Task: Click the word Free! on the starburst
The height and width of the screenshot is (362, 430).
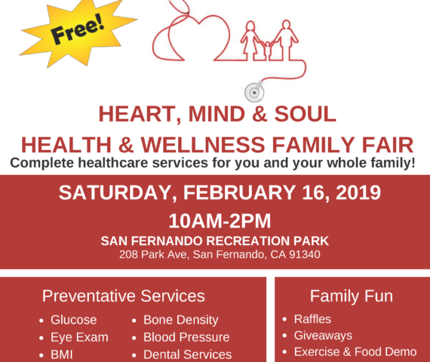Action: pos(78,29)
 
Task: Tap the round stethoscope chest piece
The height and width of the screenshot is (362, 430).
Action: pos(254,93)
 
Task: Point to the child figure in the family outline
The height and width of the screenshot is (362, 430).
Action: pos(267,51)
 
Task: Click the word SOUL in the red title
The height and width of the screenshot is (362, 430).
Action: pos(305,114)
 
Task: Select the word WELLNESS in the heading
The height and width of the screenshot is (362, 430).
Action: pos(203,145)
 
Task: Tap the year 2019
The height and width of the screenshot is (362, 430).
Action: pos(358,192)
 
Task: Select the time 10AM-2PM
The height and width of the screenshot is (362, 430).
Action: pos(220,221)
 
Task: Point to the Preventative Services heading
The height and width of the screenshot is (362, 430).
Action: pos(124,296)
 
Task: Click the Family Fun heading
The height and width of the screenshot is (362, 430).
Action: pos(352,296)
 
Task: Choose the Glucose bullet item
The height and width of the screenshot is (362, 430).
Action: pos(73,320)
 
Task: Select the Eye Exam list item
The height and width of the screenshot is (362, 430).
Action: pos(79,337)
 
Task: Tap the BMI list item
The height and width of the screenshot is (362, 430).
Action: pos(62,354)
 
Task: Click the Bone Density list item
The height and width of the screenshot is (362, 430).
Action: pos(181,320)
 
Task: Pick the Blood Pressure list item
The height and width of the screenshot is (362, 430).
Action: pos(186,337)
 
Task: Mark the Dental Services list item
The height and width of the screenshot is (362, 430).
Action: pos(187,354)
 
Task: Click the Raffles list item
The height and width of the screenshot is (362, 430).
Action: pos(312,319)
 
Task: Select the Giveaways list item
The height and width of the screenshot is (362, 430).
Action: pos(323,336)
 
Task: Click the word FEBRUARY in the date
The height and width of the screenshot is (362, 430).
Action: pos(239,192)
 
